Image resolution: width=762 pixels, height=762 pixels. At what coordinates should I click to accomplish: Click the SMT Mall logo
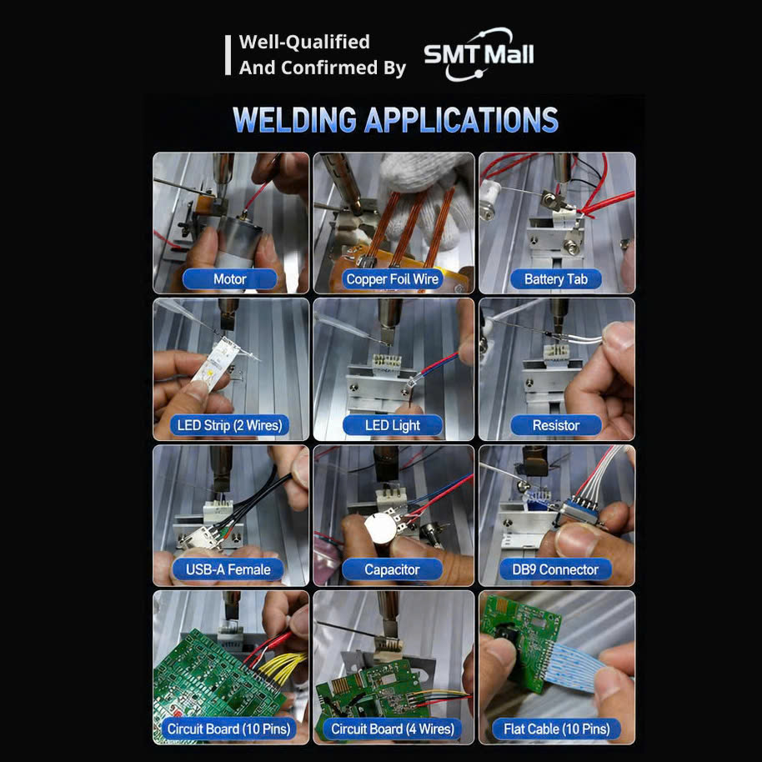[x=479, y=54]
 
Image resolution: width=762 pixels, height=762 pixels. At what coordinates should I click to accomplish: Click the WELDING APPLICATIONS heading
[x=395, y=120]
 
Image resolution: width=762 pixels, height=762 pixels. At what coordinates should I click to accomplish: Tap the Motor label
[x=230, y=279]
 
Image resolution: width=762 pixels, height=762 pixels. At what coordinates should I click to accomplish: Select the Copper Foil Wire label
[x=392, y=279]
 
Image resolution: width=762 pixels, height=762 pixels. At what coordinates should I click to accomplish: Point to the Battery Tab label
[x=556, y=279]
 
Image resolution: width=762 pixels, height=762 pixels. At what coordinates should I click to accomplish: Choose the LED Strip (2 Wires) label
[x=229, y=426]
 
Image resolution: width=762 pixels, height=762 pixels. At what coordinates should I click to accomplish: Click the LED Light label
[x=393, y=426]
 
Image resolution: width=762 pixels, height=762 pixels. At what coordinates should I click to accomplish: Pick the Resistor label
[x=556, y=426]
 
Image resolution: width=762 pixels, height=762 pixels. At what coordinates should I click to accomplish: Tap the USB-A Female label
[x=228, y=569]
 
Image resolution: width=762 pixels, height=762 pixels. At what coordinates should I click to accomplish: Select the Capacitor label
[x=392, y=569]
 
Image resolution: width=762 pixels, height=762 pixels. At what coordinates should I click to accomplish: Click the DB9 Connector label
[x=555, y=569]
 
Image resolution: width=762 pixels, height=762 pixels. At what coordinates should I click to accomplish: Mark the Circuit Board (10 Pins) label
[x=228, y=729]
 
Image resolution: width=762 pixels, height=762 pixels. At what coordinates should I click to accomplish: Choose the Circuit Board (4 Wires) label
[x=393, y=729]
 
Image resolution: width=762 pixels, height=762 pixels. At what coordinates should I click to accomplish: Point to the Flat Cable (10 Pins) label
[x=556, y=729]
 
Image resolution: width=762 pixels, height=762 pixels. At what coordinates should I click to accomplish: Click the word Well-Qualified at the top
[x=304, y=42]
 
